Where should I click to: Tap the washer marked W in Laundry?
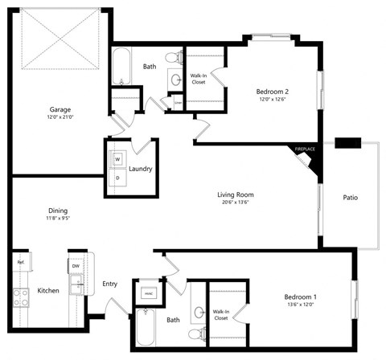click(x=117, y=159)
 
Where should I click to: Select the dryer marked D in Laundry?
click(x=117, y=177)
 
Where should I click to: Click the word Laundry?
click(x=141, y=170)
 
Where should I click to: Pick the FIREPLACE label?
click(x=305, y=149)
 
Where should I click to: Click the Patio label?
click(x=350, y=197)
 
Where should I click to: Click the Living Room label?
click(x=236, y=194)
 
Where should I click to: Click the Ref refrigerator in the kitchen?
click(x=19, y=263)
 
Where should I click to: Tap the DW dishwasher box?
click(x=75, y=265)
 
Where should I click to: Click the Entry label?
click(x=111, y=284)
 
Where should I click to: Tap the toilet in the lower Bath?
click(x=194, y=333)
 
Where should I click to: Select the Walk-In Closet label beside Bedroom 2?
click(x=199, y=79)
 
